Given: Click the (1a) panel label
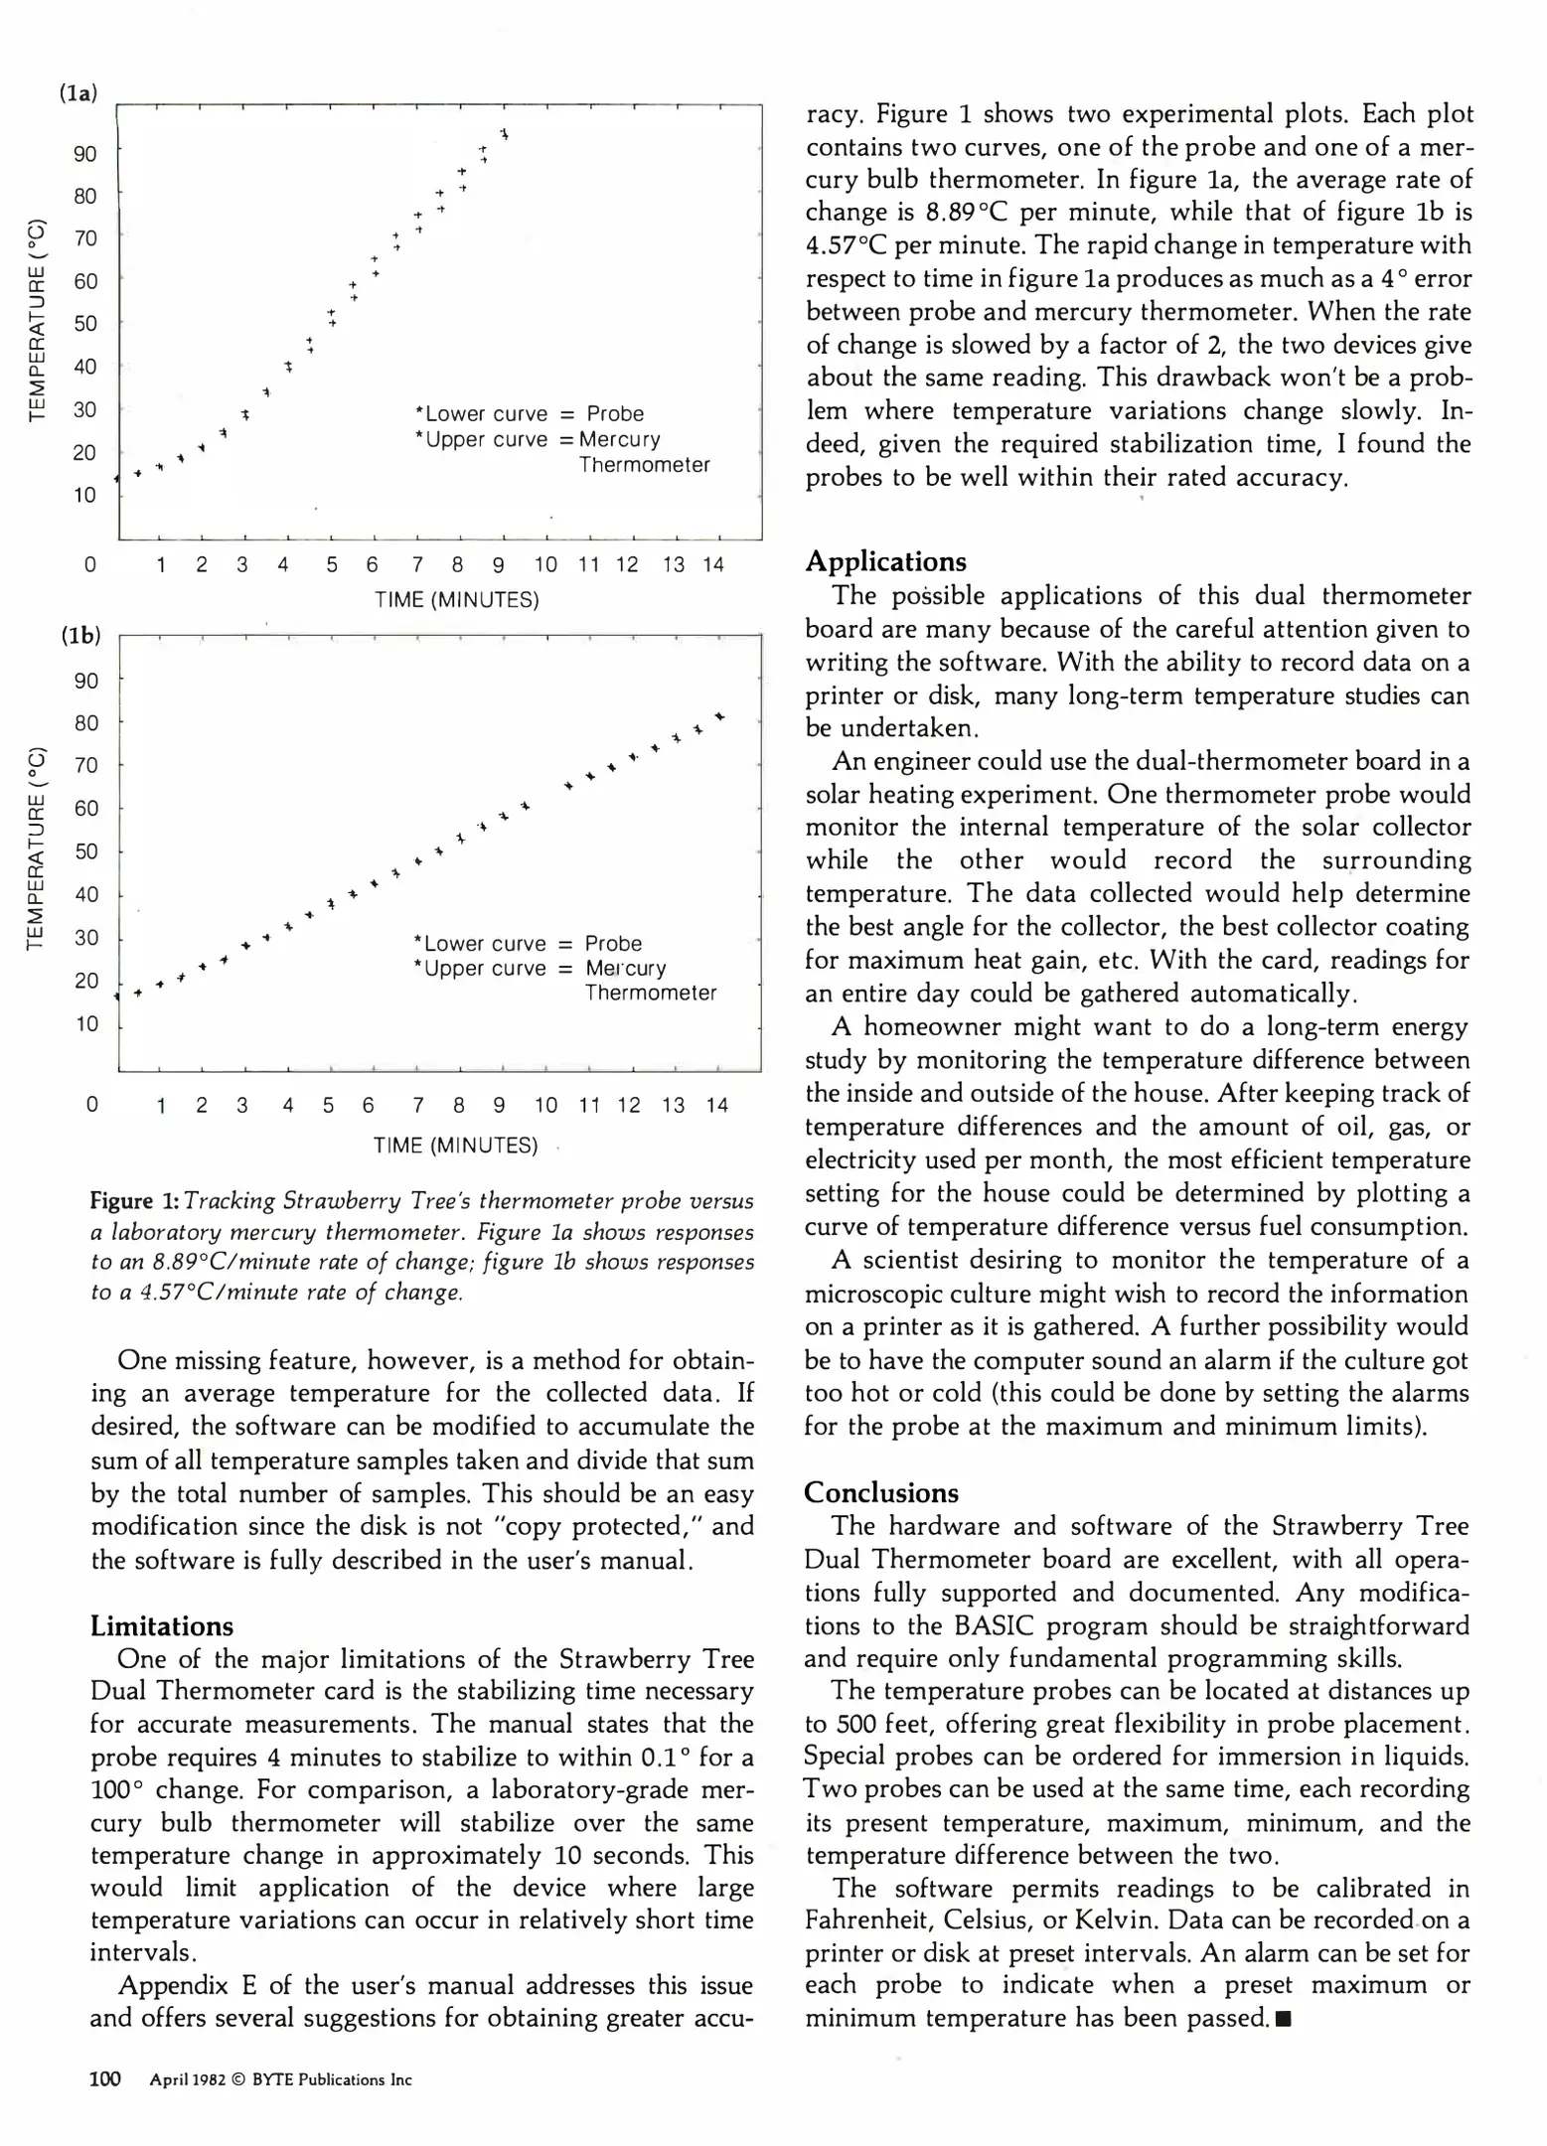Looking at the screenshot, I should coord(78,93).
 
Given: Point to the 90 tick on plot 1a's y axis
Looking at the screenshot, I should coord(85,154).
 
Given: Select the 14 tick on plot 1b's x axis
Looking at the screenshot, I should coord(717,1106).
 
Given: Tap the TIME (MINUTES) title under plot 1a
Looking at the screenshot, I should coord(457,600).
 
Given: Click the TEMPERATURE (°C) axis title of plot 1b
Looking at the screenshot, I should coord(37,846).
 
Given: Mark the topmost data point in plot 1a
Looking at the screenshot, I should coord(505,133).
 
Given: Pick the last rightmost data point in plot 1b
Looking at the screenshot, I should coord(719,716).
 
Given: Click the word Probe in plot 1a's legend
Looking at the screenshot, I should coord(615,414).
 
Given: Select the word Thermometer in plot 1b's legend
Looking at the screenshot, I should coord(650,993).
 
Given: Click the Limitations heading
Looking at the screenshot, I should coord(162,1626).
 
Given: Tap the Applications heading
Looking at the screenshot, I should coord(885,561).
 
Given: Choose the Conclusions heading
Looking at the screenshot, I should coord(881,1492).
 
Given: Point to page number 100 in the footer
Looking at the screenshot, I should coord(105,2079).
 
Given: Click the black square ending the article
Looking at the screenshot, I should coord(1283,2020).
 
